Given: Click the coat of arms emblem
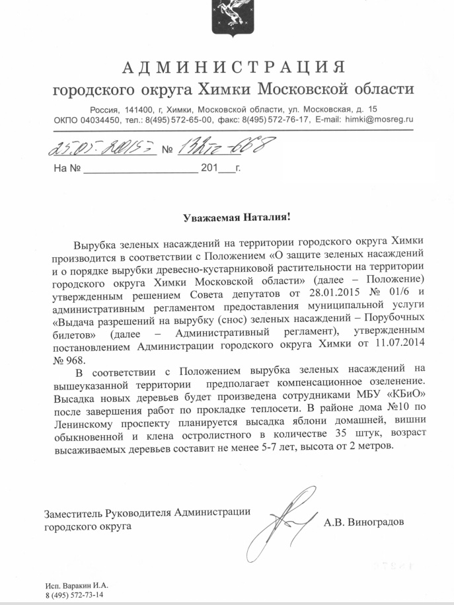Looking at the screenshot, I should click(226, 16).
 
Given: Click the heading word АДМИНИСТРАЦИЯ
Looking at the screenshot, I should click(234, 67).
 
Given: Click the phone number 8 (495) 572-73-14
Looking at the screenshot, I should click(74, 596).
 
